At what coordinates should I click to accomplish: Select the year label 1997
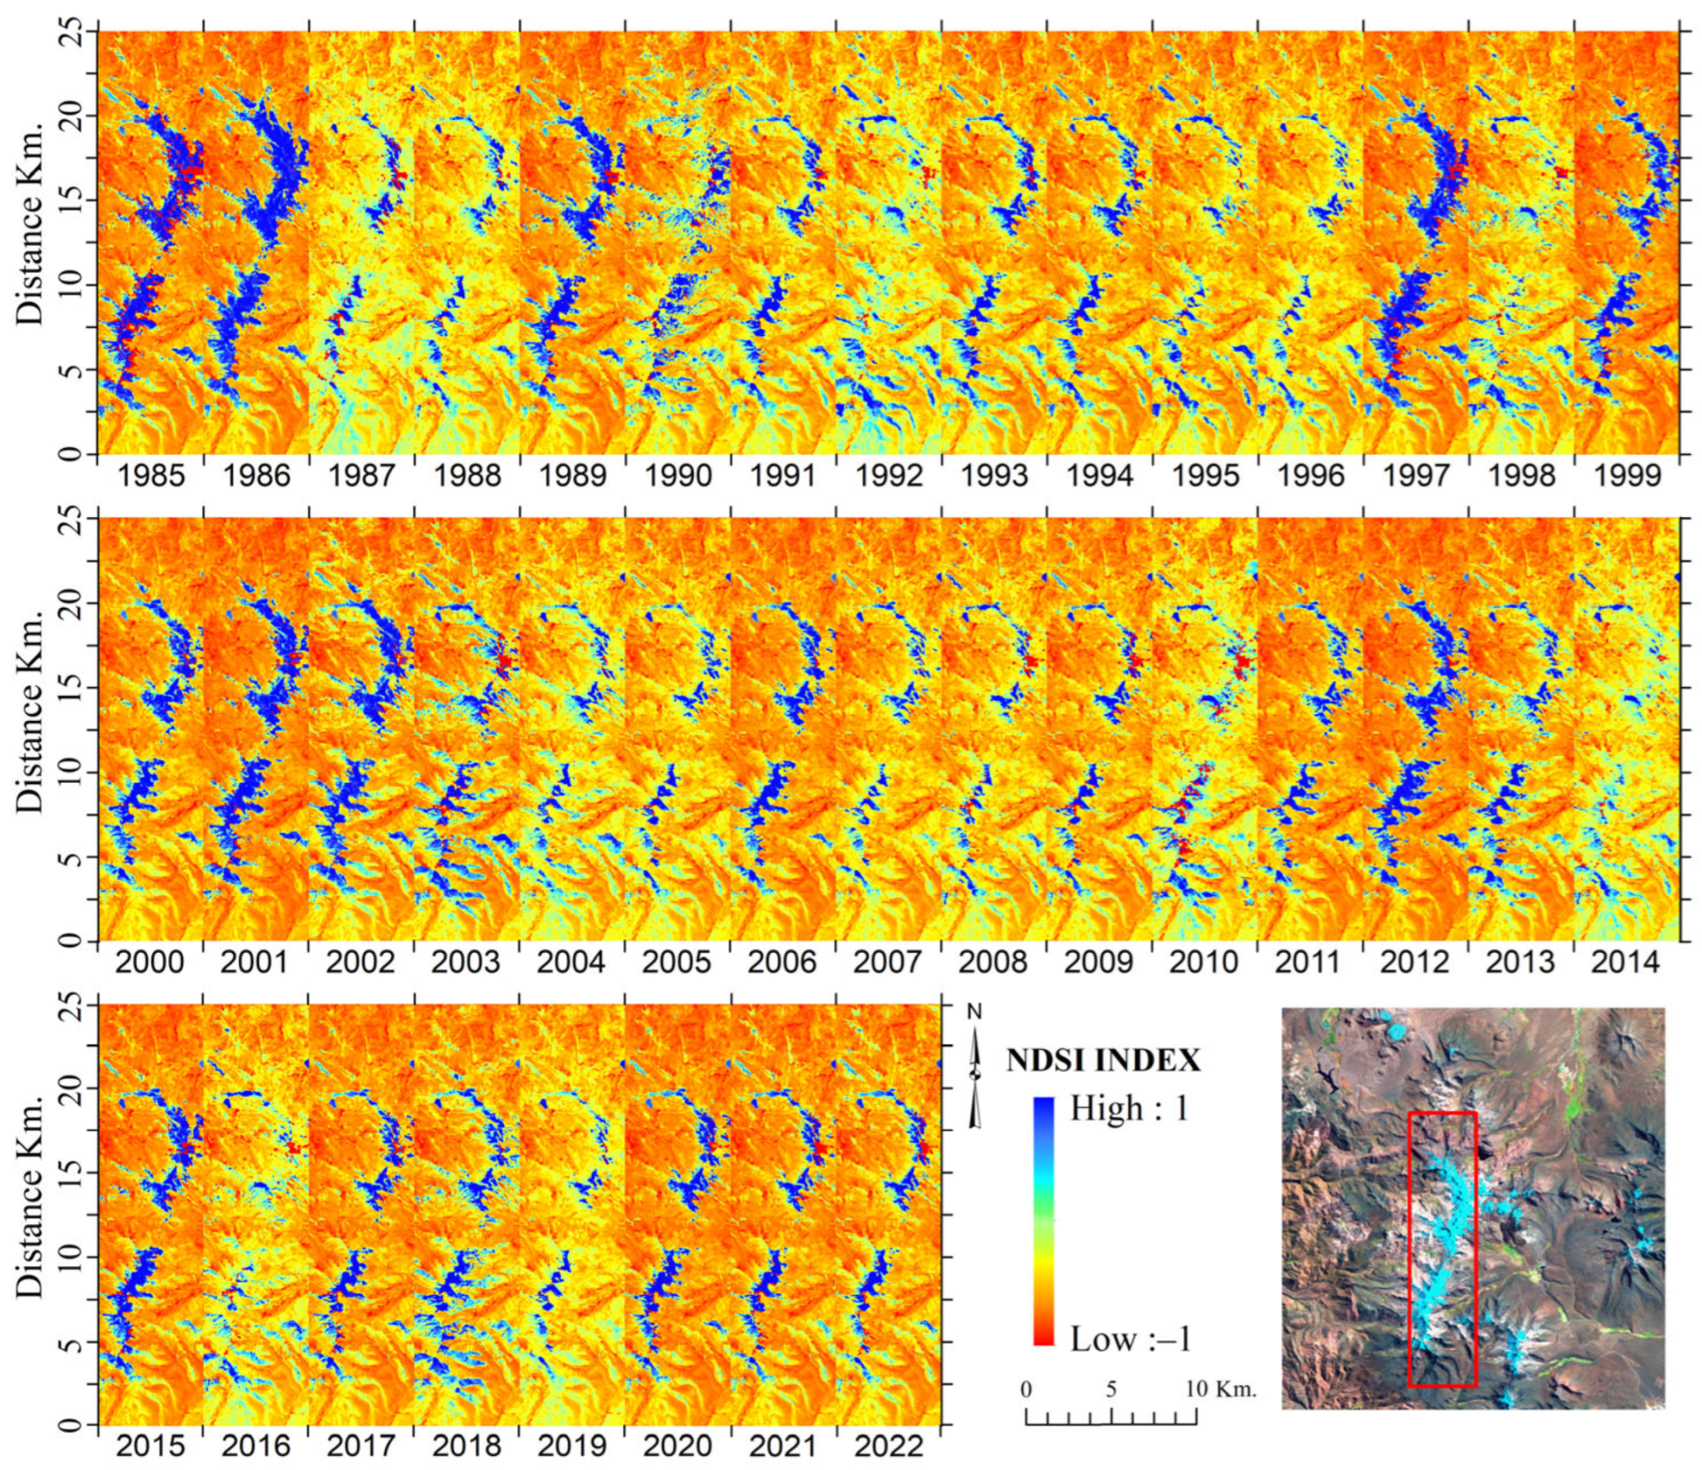1416,476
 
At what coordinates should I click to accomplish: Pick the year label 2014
1626,962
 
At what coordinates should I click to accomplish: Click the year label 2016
255,1445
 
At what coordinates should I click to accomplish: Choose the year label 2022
888,1445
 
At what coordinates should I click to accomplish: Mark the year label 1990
678,476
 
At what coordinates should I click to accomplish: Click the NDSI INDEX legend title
1104,1060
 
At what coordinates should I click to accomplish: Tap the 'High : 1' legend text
1128,1109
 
